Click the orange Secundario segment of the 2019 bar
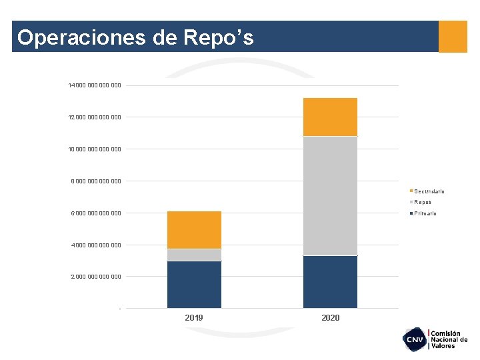click(x=194, y=230)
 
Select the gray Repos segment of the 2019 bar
click(x=194, y=255)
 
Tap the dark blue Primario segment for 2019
click(x=194, y=285)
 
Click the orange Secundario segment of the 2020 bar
click(x=330, y=117)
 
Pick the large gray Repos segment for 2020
click(x=330, y=196)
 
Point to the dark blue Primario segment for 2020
click(x=330, y=282)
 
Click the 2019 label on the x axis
click(x=194, y=318)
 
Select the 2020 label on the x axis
click(x=330, y=318)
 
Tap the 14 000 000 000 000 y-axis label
click(x=95, y=85)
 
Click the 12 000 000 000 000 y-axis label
click(x=95, y=117)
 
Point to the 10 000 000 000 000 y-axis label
click(x=95, y=149)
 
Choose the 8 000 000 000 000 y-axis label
click(x=96, y=181)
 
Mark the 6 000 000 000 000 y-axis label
click(x=96, y=213)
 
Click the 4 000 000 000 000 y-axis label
click(x=96, y=245)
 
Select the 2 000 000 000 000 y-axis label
click(x=96, y=277)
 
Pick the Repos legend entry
click(x=421, y=202)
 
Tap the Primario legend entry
click(x=424, y=213)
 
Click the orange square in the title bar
click(x=453, y=37)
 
